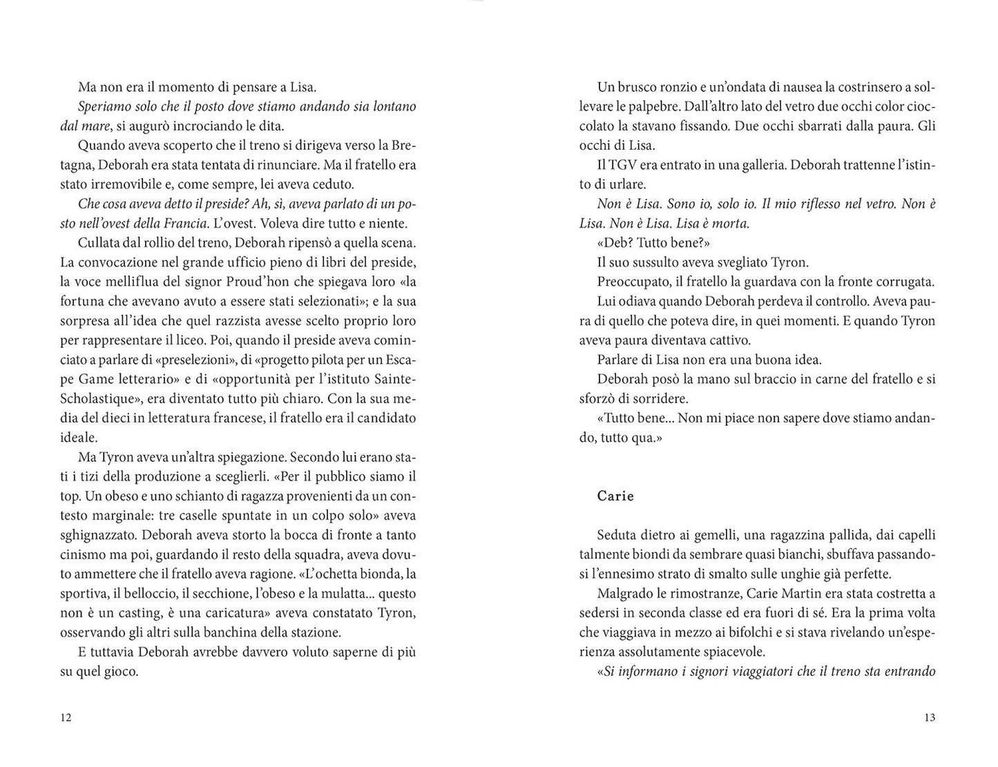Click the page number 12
pyautogui.click(x=66, y=717)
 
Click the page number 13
pyautogui.click(x=929, y=717)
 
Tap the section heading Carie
pyautogui.click(x=615, y=496)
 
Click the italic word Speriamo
pyautogui.click(x=104, y=107)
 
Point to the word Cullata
pyautogui.click(x=99, y=243)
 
